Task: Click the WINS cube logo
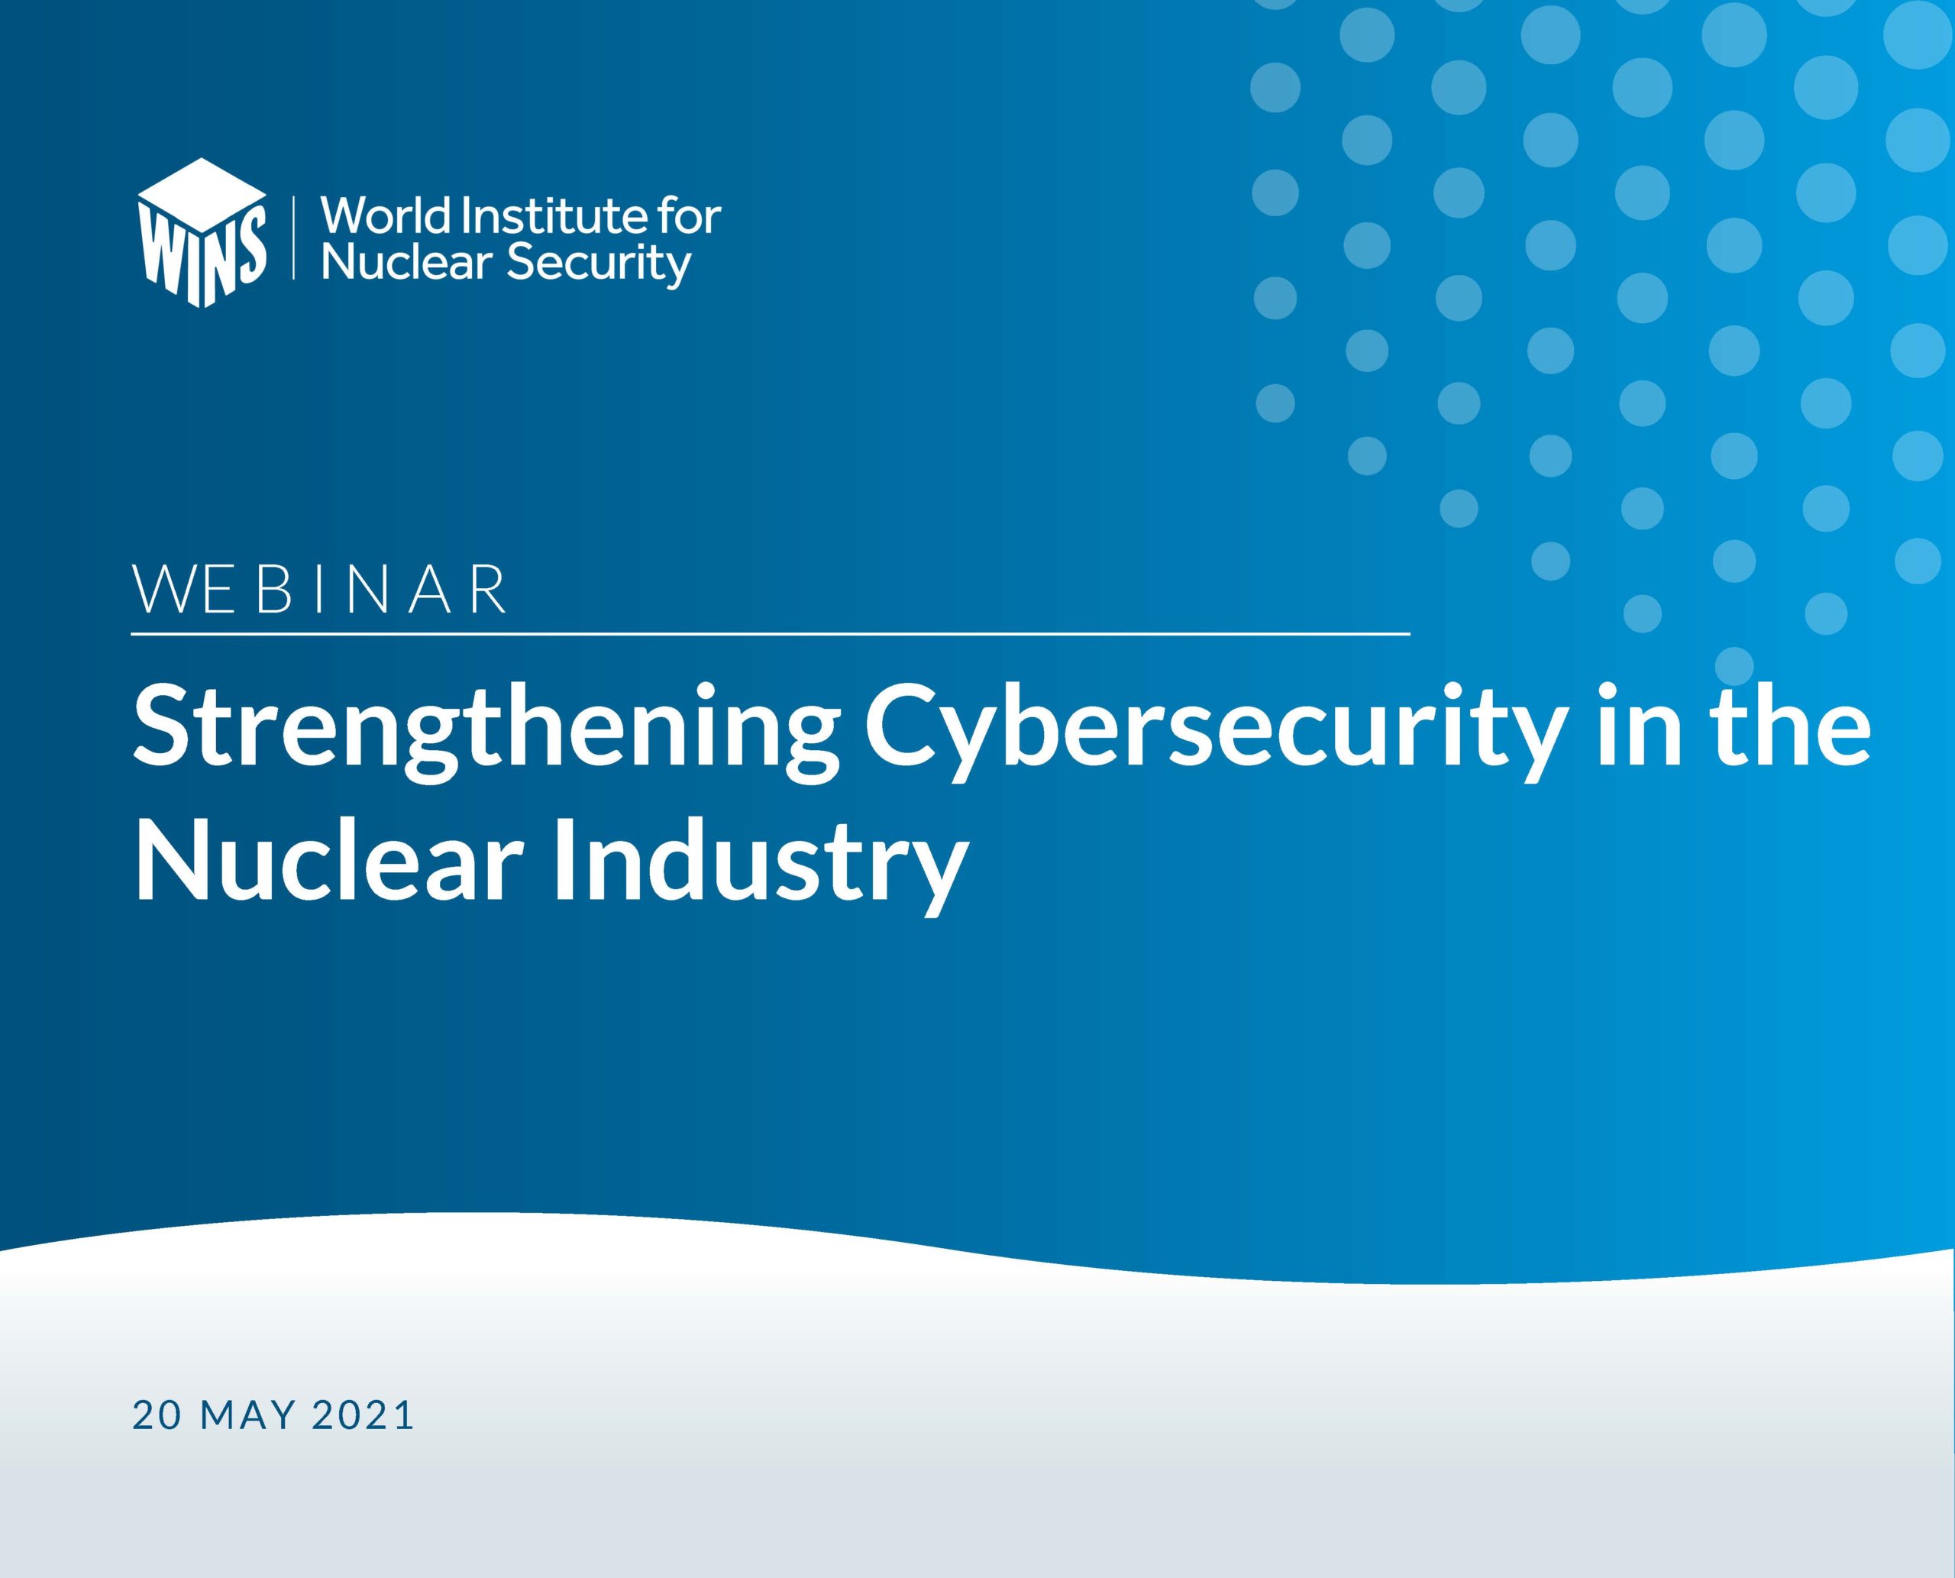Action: (202, 233)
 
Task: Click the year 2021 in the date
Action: (363, 1415)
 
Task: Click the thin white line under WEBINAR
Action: (771, 632)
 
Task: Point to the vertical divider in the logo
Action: (293, 235)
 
